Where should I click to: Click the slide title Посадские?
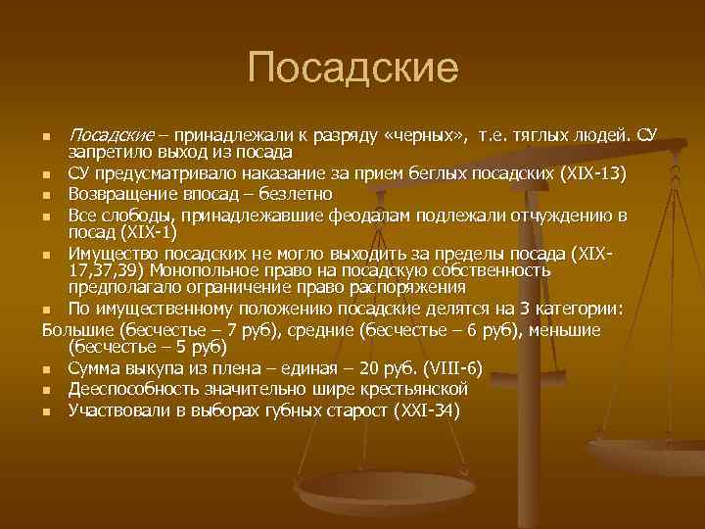click(x=352, y=68)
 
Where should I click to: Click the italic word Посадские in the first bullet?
click(x=111, y=134)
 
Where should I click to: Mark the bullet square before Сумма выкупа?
click(x=48, y=369)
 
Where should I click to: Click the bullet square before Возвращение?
click(x=48, y=194)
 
